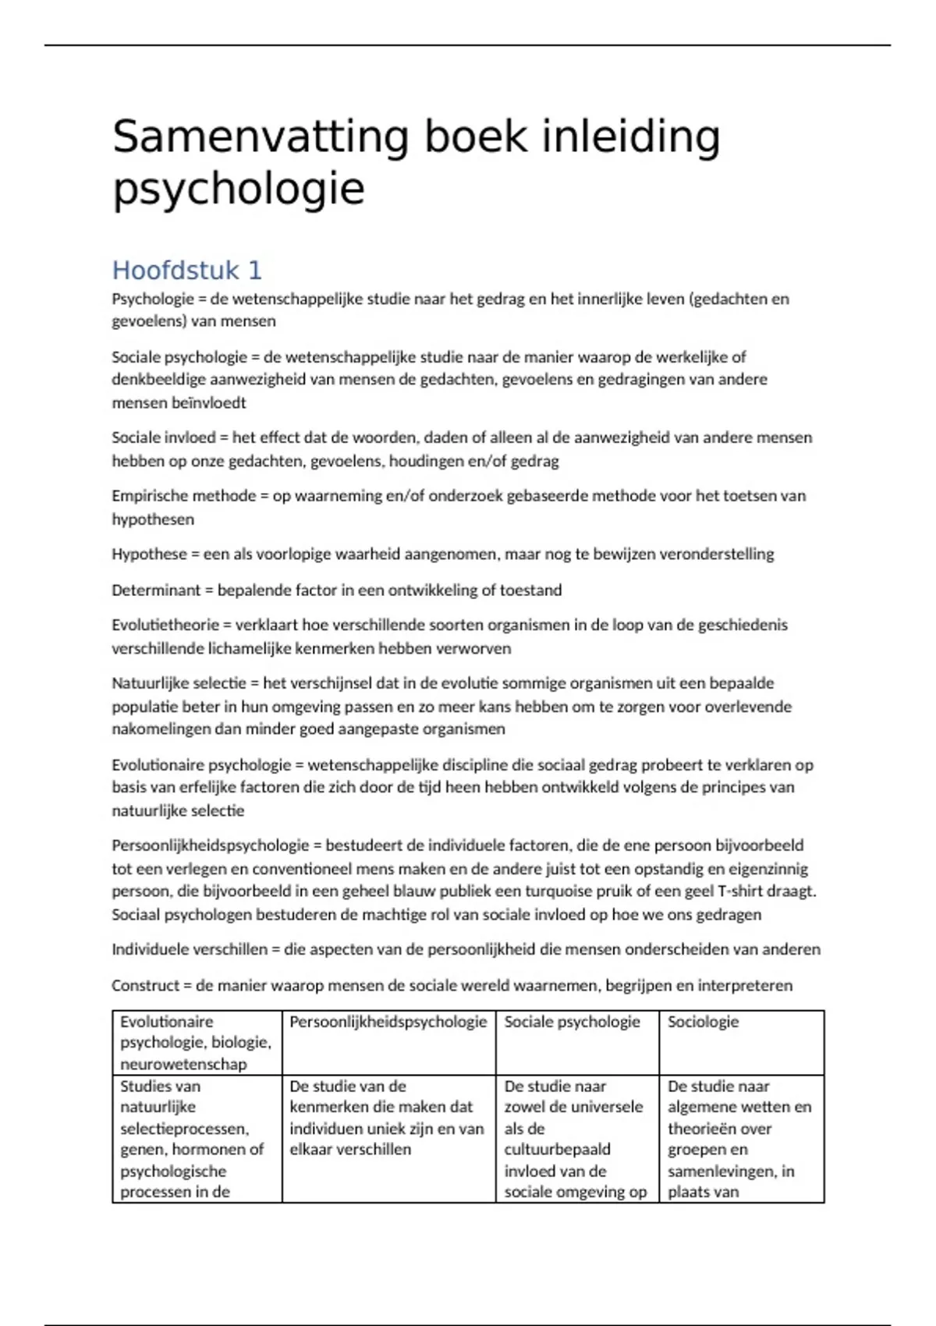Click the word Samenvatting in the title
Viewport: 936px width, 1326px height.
(261, 137)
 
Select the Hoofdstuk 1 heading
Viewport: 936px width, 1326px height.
(187, 270)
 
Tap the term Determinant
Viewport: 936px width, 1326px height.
(156, 590)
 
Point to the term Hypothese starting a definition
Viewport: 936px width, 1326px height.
(150, 555)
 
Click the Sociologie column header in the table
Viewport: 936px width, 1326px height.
(703, 1022)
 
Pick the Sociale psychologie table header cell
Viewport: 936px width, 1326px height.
(572, 1022)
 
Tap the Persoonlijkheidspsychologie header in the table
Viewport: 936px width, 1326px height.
(388, 1022)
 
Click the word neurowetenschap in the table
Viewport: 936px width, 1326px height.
(183, 1065)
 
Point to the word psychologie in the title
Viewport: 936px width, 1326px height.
(239, 189)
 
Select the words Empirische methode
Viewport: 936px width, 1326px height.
(183, 496)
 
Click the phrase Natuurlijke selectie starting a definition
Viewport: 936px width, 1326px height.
(179, 684)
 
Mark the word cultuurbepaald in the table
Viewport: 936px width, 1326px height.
(557, 1150)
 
